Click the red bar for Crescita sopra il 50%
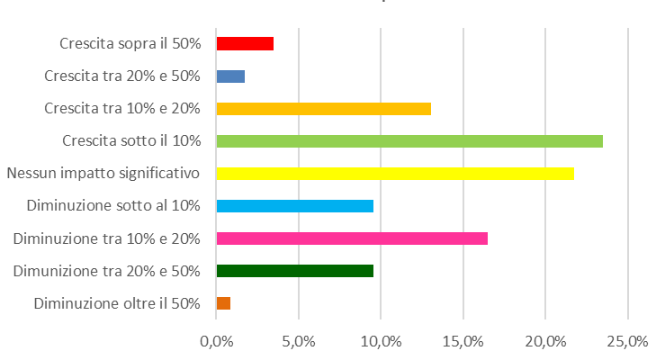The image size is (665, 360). pyautogui.click(x=245, y=43)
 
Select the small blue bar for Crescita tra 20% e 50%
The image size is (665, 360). pyautogui.click(x=230, y=76)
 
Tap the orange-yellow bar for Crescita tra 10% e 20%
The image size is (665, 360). pyautogui.click(x=324, y=109)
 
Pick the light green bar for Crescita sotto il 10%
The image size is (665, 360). pyautogui.click(x=409, y=141)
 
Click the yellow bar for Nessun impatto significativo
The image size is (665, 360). pyautogui.click(x=395, y=173)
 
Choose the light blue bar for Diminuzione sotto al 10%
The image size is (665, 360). pyautogui.click(x=295, y=206)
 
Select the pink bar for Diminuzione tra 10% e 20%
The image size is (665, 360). pyautogui.click(x=352, y=238)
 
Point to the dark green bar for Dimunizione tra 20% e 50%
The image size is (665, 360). pyautogui.click(x=295, y=271)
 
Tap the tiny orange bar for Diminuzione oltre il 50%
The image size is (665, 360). pyautogui.click(x=223, y=303)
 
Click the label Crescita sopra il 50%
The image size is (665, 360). pyautogui.click(x=130, y=43)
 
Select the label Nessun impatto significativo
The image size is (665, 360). pyautogui.click(x=103, y=173)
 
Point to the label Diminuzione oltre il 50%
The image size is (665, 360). pyautogui.click(x=117, y=303)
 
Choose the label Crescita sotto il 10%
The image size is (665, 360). pyautogui.click(x=131, y=141)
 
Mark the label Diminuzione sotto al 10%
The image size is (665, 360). pyautogui.click(x=113, y=206)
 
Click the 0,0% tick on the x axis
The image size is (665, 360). pyautogui.click(x=216, y=341)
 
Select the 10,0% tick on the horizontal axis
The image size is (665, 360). pyautogui.click(x=381, y=341)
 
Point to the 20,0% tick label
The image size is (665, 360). pyautogui.click(x=545, y=341)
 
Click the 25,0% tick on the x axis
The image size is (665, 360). pyautogui.click(x=627, y=341)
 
